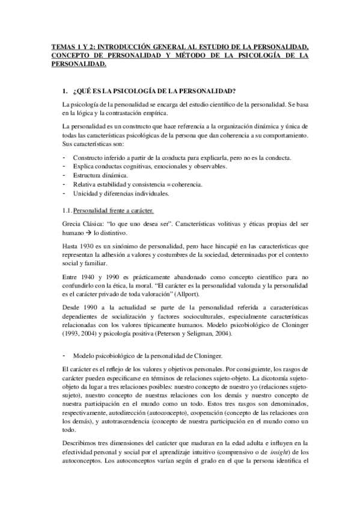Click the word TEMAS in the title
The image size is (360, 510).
click(63, 46)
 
